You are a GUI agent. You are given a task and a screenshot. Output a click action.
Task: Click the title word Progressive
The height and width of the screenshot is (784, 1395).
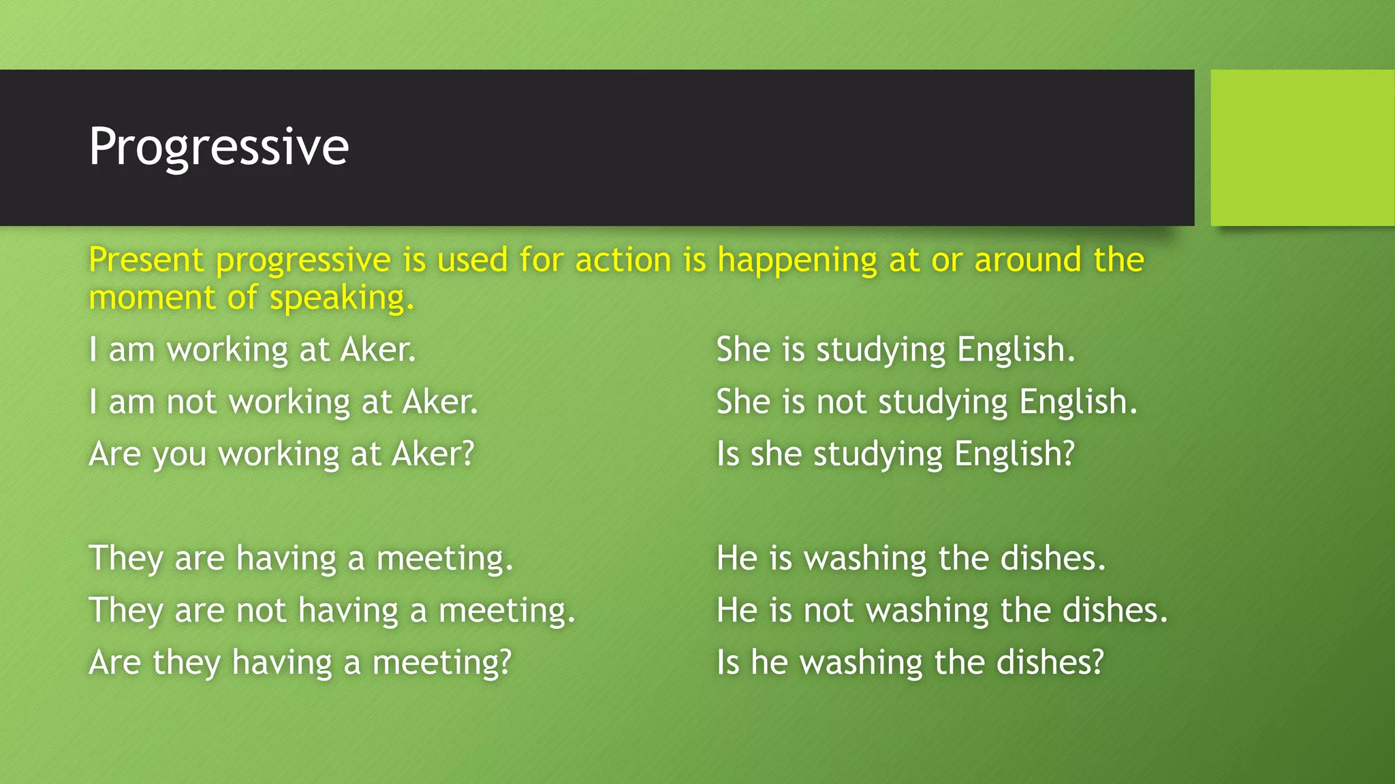click(219, 147)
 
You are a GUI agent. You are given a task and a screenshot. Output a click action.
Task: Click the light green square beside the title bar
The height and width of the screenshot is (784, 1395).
click(1302, 148)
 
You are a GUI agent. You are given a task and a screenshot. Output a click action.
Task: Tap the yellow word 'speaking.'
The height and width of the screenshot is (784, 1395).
click(341, 299)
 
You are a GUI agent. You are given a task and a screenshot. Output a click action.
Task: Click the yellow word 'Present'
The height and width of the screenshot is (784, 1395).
click(146, 260)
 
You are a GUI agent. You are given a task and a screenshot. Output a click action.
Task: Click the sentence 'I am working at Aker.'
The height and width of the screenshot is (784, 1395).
click(252, 350)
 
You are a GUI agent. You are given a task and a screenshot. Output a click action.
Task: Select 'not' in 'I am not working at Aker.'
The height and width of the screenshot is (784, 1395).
click(191, 402)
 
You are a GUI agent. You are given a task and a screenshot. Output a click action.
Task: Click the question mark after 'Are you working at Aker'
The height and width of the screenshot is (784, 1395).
click(467, 453)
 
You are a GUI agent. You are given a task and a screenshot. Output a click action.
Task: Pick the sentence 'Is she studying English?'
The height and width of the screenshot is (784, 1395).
click(895, 454)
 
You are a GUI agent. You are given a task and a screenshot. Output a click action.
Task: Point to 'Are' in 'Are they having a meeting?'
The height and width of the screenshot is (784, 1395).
click(114, 662)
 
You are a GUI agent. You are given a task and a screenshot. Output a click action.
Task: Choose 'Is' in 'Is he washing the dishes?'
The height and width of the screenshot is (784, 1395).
click(727, 662)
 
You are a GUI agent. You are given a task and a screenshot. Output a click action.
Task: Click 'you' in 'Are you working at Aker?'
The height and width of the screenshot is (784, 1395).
click(179, 455)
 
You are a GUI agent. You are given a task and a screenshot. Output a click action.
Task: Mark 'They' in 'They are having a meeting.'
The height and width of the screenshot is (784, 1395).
click(125, 558)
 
